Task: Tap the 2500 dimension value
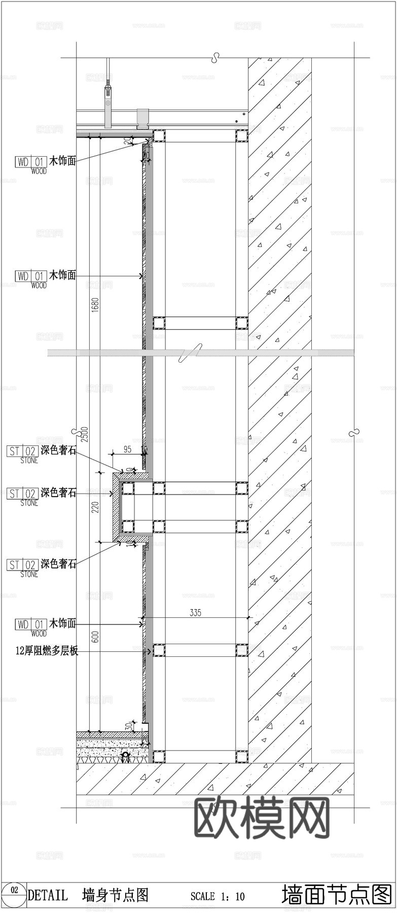pos(85,434)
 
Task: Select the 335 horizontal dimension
pos(195,613)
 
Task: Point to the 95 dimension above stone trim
pos(127,449)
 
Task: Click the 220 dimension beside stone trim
pos(95,507)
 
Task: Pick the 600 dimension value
pos(95,637)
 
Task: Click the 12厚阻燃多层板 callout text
pos(47,651)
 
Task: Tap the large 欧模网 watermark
pos(262,818)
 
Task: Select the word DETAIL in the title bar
pos(48,895)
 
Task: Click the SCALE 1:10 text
pos(217,897)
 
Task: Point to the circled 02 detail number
pos(14,890)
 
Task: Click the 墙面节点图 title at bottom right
pos(337,894)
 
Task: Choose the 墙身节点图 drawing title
pos(115,895)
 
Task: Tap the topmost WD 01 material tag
pos(31,162)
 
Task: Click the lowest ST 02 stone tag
pos(22,565)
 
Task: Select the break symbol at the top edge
pos(216,57)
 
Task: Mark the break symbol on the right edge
pos(354,432)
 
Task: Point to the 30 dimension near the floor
pos(129,726)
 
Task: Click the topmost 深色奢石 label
pos(58,450)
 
